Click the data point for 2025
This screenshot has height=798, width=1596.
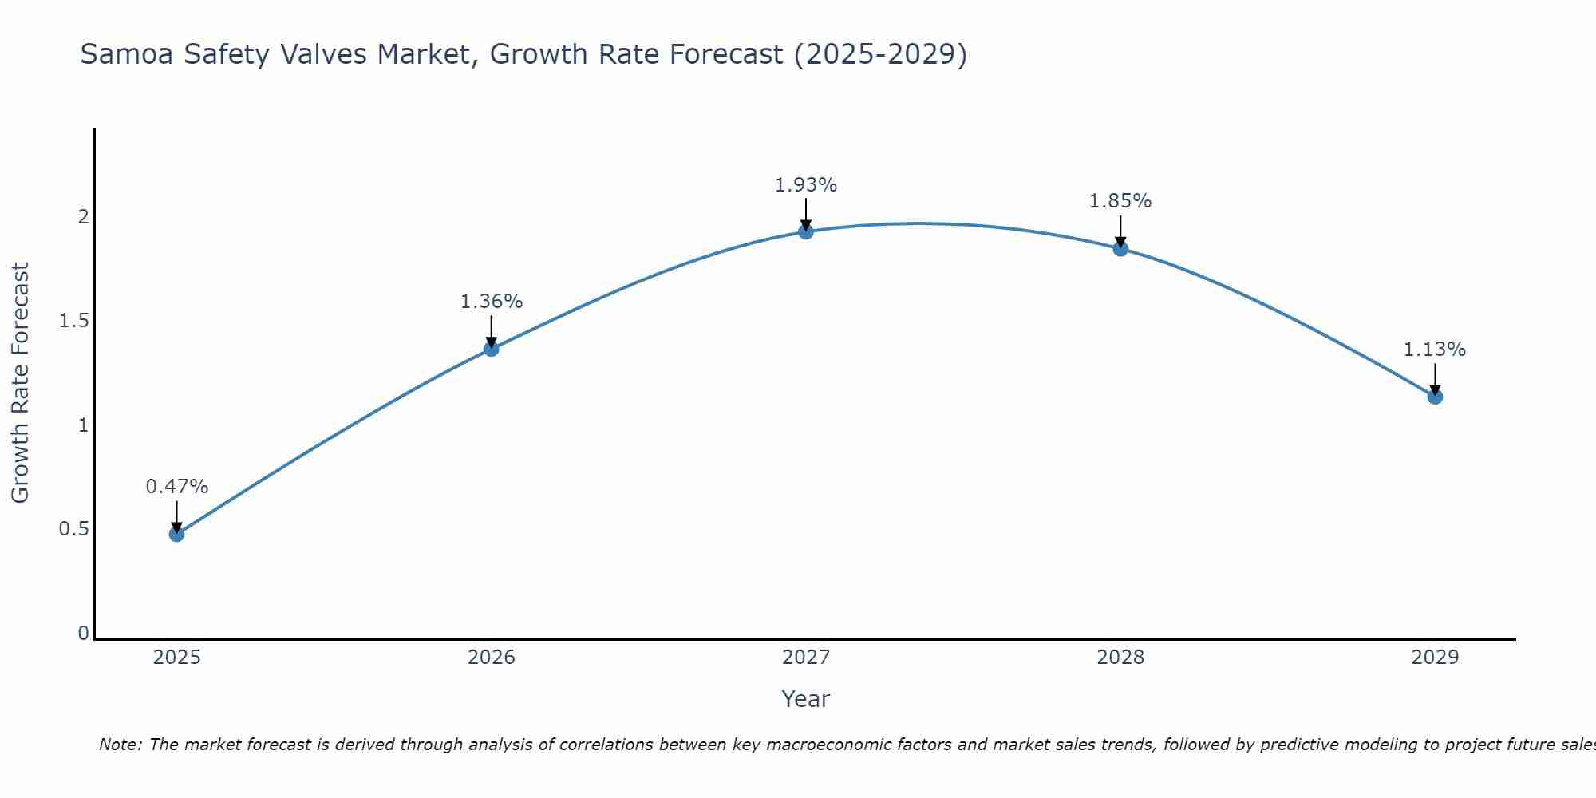177,534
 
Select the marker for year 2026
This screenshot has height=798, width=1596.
492,349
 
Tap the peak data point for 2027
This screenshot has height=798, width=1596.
806,231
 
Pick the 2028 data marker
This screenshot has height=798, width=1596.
1120,248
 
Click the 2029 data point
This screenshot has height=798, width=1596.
1435,397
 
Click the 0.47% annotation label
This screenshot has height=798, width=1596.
177,487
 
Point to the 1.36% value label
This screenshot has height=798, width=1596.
492,302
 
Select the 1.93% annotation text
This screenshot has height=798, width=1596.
806,185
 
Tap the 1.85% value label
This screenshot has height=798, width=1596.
1120,201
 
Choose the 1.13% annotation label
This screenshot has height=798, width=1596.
1435,350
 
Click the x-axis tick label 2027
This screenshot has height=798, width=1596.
806,658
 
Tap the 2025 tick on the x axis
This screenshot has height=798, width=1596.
177,658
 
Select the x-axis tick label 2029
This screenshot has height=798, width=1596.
1435,658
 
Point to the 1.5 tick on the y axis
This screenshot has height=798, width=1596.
73,321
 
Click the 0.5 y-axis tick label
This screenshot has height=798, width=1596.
73,529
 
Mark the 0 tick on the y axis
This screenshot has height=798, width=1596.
83,634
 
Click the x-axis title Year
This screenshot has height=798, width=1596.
806,699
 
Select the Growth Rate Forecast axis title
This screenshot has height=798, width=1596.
20,383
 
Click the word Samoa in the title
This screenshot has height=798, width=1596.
127,54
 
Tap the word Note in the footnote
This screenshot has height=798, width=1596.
119,745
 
